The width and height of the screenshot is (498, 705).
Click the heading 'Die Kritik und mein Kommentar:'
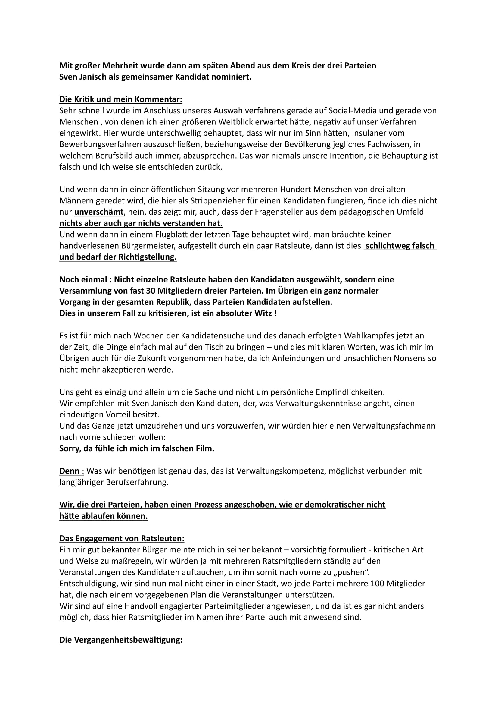point(121,99)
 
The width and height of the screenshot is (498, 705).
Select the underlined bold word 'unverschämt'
point(99,212)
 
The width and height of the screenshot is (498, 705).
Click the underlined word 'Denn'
point(69,471)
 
